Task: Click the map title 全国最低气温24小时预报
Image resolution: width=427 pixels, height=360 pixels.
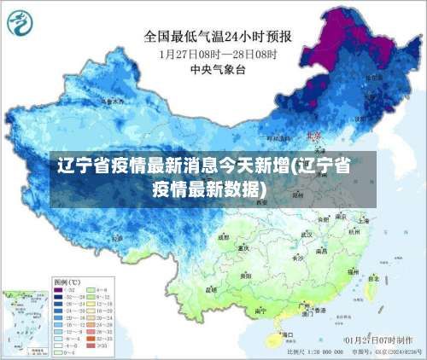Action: coord(219,37)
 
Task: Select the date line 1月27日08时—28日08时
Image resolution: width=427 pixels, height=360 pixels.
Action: coord(218,53)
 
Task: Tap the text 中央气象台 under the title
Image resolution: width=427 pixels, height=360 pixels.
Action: coord(219,67)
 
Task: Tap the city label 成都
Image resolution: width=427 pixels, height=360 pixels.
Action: coord(224,238)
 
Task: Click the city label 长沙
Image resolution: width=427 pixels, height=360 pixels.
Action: coord(299,257)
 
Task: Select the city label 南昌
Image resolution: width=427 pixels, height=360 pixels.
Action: coord(322,253)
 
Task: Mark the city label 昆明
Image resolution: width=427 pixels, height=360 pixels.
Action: coord(212,289)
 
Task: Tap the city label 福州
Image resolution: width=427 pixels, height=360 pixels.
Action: coord(352,269)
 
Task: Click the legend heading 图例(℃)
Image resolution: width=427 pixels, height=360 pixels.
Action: coord(67,281)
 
